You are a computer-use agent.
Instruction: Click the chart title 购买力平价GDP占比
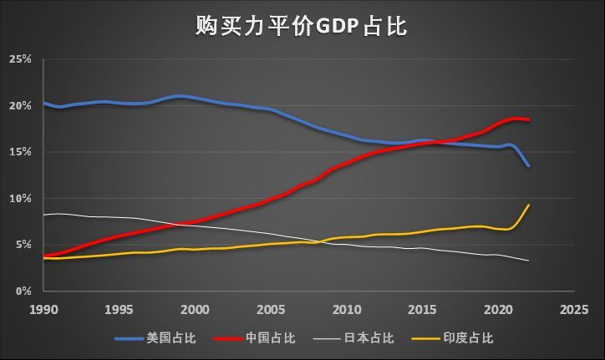[302, 26]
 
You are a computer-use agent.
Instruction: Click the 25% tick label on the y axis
[21, 60]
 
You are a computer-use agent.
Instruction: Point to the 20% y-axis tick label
[21, 106]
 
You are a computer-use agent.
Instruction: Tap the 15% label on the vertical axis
[21, 152]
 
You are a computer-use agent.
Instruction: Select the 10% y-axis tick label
[21, 199]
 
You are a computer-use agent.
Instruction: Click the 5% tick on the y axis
[23, 245]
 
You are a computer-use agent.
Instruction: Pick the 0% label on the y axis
[23, 292]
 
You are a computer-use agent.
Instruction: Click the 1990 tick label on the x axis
[43, 309]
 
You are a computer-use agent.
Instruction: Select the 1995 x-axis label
[119, 309]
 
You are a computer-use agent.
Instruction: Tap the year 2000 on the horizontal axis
[195, 309]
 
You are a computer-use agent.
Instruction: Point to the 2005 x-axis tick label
[271, 309]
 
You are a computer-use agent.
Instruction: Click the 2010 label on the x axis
[346, 309]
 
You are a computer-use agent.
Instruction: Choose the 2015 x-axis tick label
[422, 309]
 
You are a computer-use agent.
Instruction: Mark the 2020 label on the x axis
[497, 309]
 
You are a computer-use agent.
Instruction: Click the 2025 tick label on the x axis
[573, 309]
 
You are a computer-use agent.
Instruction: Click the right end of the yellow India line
[528, 205]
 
